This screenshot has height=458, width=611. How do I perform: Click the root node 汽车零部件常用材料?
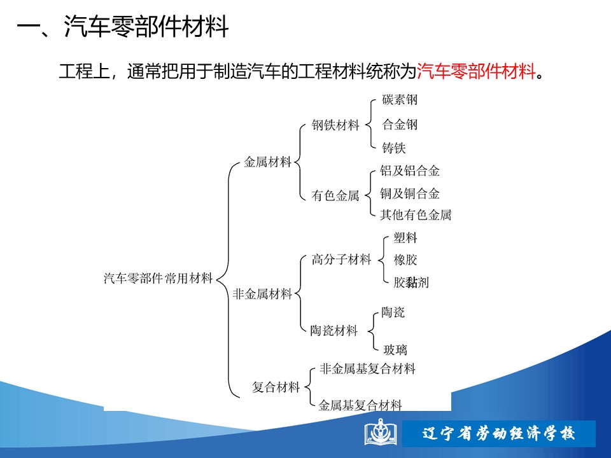pos(158,278)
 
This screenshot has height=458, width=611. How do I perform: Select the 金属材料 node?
pos(268,162)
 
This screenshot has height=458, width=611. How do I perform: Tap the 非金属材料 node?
pos(262,294)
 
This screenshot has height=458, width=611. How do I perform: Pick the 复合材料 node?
pos(276,387)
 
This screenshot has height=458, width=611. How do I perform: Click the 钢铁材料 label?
pos(335,125)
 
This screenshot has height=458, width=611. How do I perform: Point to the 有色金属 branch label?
pos(335,195)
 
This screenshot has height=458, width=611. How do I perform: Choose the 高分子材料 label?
pos(341,260)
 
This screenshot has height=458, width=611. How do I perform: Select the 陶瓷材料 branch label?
pos(334,331)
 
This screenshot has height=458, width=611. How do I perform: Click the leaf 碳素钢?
pos(400,100)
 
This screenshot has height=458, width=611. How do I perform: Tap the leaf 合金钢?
pos(400,125)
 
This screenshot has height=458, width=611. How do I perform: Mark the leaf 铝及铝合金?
pos(410,170)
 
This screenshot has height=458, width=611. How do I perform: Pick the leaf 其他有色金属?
pos(416,214)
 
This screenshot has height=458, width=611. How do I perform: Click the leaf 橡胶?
pos(405,260)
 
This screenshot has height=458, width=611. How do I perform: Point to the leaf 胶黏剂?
pos(411,282)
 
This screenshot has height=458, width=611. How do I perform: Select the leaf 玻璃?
pos(395,350)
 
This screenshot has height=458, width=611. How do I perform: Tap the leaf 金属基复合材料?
pos(360,405)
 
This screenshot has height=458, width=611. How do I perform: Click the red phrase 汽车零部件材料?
pos(476,71)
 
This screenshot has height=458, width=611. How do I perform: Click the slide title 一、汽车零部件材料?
pos(122,27)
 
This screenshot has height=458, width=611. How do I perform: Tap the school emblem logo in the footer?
pos(381,432)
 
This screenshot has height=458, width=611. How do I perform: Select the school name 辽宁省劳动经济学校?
pos(498,433)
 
